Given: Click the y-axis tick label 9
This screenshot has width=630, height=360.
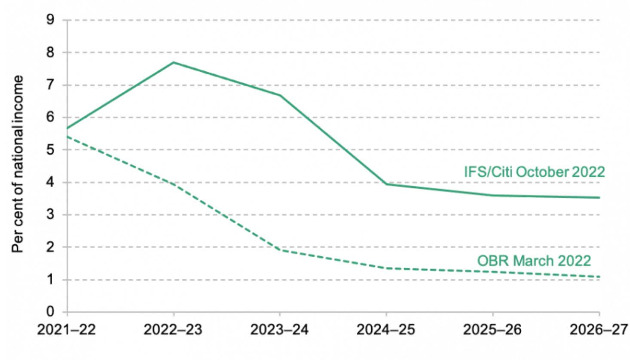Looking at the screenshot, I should point(50,20).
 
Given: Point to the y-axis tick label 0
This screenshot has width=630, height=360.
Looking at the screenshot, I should point(50,311).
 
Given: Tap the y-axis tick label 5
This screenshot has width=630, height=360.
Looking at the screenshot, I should point(50,149).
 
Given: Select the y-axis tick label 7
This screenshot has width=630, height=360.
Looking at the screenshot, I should point(50,85).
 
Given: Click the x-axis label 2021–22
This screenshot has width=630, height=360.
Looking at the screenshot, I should point(67,329).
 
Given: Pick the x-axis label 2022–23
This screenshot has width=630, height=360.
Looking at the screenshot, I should point(173,329).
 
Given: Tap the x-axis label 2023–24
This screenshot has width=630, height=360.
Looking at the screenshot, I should point(280,329).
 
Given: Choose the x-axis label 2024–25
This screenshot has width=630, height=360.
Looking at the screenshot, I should point(386,329).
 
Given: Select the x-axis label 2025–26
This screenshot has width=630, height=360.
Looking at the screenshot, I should point(492,329).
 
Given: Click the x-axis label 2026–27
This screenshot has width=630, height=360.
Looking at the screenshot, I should point(599,329).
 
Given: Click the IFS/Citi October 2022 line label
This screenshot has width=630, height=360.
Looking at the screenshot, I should point(534,172).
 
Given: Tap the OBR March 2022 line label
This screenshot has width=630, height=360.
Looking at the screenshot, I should point(534,261).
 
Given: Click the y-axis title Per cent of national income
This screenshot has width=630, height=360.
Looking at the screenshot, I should point(18,164).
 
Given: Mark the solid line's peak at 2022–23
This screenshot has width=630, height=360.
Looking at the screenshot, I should point(174,62).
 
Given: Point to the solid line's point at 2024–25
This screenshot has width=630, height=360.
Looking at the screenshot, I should point(386,184).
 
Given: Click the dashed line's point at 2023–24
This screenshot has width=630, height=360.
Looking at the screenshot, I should point(280,250).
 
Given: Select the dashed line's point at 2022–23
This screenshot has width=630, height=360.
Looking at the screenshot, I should point(174,185).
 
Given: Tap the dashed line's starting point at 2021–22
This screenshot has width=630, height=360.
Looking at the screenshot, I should point(67,137).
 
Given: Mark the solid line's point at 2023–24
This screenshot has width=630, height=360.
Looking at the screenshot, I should point(280,95).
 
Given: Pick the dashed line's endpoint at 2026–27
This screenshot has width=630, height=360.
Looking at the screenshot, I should point(599,277).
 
